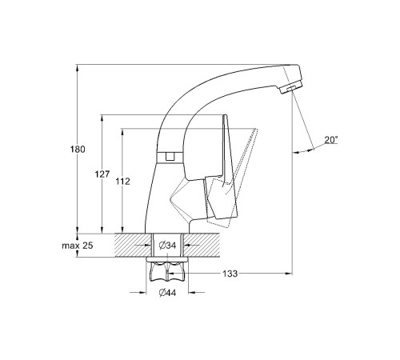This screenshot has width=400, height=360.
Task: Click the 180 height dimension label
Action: (78, 149)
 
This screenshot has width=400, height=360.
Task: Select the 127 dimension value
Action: (102, 174)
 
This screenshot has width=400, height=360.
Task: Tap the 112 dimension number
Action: (122, 182)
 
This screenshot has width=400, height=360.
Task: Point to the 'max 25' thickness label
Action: (78, 246)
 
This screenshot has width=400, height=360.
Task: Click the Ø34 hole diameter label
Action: (167, 245)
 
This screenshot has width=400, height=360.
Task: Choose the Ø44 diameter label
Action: (167, 293)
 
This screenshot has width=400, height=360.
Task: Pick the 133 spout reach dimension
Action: (230, 274)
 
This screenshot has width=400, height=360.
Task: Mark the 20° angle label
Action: (331, 139)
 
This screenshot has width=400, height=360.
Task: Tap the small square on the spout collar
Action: (170, 156)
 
